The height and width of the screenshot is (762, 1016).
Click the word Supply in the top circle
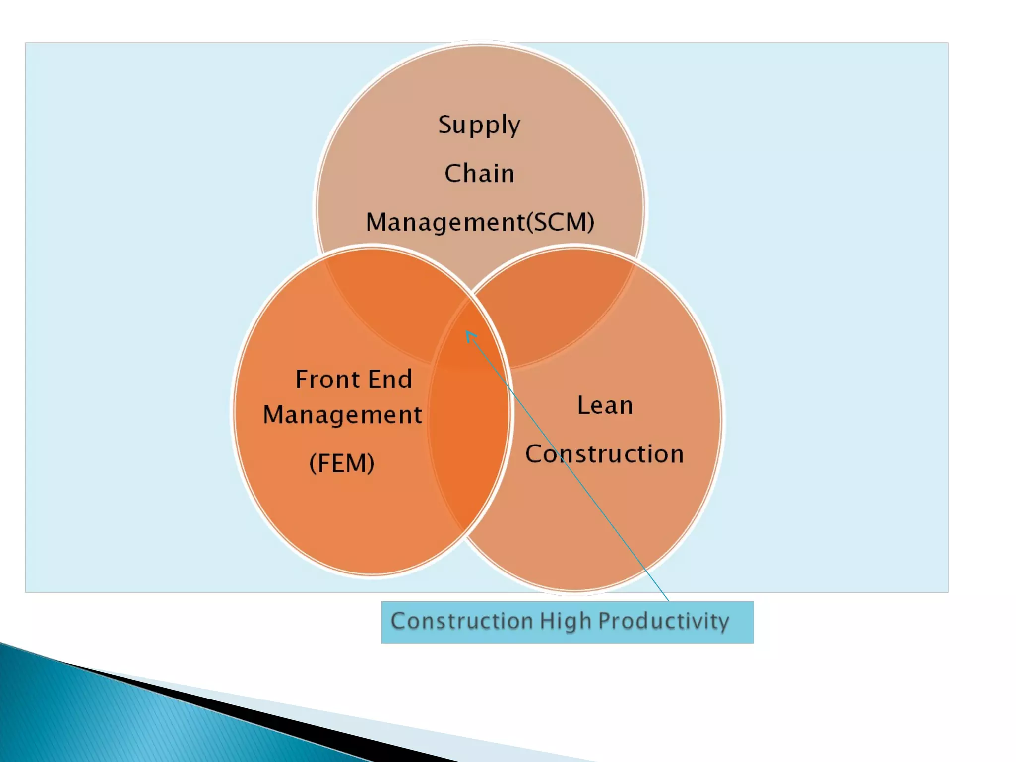(x=479, y=125)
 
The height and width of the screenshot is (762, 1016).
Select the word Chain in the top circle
(x=479, y=174)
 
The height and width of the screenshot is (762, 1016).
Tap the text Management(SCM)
(x=480, y=222)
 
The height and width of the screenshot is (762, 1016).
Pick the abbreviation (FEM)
(x=342, y=463)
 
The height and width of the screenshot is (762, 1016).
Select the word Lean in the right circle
(x=605, y=405)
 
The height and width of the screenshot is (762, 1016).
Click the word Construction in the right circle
(x=604, y=454)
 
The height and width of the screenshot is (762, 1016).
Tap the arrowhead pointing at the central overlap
(x=469, y=335)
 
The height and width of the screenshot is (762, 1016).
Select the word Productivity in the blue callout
(x=664, y=622)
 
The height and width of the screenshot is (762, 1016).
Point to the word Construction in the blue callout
(x=462, y=621)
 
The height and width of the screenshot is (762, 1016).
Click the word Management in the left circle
(x=342, y=415)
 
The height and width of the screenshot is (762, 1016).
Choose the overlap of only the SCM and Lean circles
(x=556, y=308)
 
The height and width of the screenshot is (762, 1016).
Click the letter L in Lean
(x=582, y=405)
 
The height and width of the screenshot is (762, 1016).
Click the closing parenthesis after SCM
(x=590, y=222)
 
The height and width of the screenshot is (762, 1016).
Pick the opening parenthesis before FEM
(x=313, y=463)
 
